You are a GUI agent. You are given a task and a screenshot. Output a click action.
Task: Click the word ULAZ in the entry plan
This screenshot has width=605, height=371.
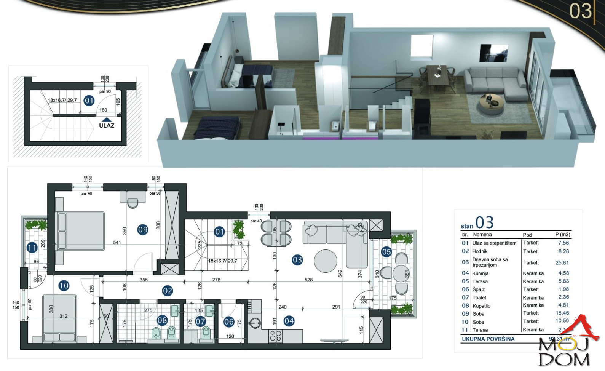tap(107, 125)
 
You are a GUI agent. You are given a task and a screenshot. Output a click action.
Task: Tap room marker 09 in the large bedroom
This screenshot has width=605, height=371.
tap(142, 230)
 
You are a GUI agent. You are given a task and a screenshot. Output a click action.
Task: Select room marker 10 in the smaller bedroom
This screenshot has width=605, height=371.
tap(64, 285)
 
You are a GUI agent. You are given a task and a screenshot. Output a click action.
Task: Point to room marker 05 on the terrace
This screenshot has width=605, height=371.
tap(386, 252)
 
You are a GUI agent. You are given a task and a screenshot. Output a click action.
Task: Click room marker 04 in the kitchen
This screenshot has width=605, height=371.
tap(289, 321)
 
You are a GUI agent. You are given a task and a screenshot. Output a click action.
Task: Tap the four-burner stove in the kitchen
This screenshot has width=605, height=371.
tap(275, 336)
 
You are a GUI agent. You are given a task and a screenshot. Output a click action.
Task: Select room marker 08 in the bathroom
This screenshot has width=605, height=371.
tap(162, 320)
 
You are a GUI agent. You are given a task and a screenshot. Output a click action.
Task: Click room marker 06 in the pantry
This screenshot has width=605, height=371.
tap(229, 322)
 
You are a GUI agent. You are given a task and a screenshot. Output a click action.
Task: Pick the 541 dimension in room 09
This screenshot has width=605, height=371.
tap(117, 243)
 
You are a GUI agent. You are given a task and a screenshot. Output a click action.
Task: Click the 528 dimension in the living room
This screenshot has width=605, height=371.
tap(308, 280)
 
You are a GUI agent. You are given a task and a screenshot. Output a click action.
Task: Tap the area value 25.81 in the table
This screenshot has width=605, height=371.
tap(562, 263)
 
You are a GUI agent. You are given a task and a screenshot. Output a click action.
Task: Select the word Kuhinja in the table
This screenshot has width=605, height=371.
tap(480, 273)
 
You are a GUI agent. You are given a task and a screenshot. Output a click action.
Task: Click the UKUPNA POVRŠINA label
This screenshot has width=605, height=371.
tap(488, 339)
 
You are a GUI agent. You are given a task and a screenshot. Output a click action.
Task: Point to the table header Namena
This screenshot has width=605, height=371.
tap(482, 235)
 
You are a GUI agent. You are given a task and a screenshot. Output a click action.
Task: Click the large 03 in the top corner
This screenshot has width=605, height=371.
tap(581, 11)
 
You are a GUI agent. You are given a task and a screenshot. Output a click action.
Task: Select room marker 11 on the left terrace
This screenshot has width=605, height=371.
tap(32, 248)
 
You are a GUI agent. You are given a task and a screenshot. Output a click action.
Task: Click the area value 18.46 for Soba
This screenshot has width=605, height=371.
tap(562, 313)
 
